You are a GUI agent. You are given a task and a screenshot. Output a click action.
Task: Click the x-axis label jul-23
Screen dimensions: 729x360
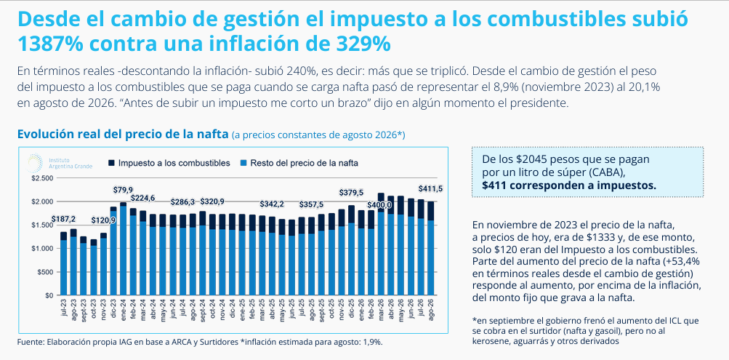[64, 308]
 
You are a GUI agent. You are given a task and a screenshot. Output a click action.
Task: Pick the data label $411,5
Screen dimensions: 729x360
[430, 189]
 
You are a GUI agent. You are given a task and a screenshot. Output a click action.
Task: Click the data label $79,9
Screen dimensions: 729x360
[124, 190]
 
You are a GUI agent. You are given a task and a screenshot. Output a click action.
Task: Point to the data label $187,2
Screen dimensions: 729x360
[63, 219]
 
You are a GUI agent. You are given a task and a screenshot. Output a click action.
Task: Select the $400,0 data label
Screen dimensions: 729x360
[379, 205]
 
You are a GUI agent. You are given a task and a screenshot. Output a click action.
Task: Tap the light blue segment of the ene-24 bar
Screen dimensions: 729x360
[124, 251]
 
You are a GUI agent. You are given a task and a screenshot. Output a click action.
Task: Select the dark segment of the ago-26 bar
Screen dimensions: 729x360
[430, 211]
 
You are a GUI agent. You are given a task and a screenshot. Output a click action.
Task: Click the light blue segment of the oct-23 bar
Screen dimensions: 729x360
[94, 271]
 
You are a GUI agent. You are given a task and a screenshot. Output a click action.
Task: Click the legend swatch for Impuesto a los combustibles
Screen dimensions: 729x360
[112, 163]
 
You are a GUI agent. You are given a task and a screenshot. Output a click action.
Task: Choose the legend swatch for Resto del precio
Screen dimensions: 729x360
[243, 163]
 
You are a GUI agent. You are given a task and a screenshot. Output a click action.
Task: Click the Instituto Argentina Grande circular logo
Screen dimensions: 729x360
[34, 163]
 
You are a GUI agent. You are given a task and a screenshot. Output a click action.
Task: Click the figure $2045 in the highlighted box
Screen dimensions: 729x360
[528, 159]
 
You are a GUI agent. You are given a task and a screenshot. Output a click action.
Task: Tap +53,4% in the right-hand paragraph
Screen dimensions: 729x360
[679, 260]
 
